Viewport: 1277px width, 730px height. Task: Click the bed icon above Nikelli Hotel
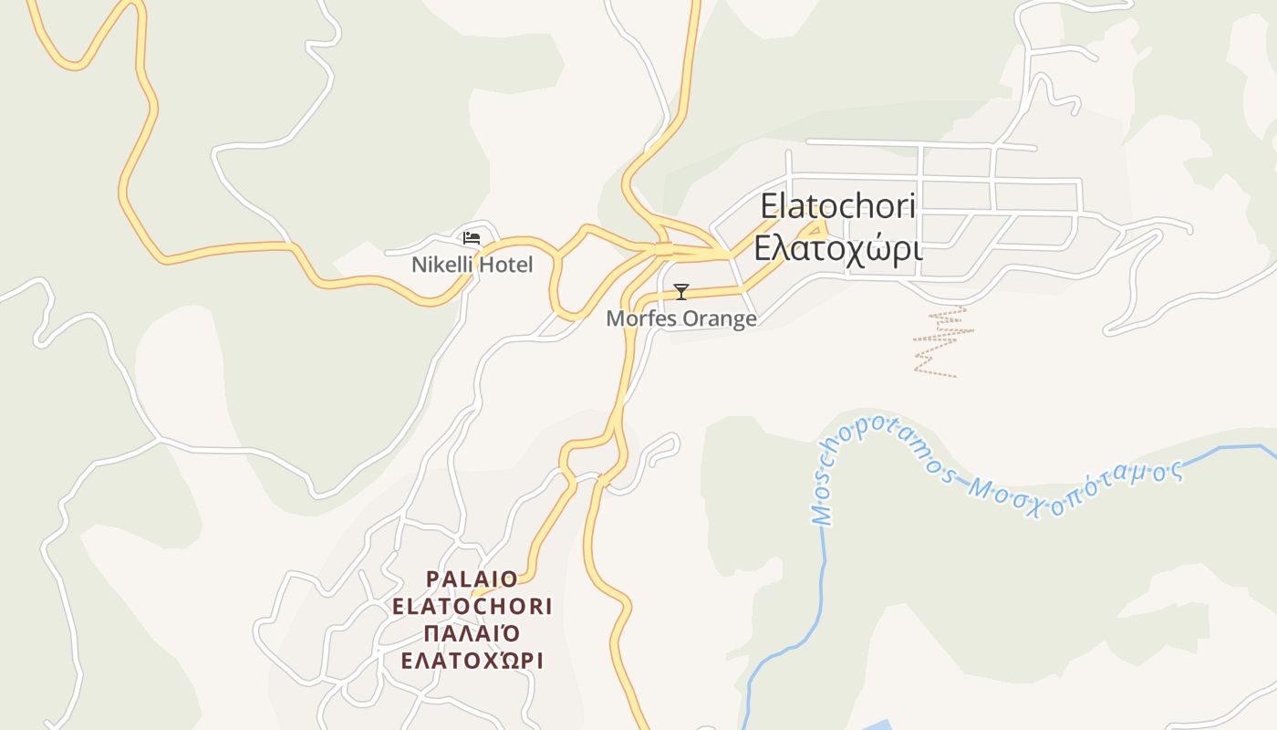472,238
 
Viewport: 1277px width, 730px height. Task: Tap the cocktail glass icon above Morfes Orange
680,292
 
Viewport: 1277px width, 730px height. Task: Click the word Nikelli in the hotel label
441,266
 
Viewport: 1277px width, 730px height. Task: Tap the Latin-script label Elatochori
837,206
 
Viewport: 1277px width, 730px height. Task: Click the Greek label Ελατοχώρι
837,248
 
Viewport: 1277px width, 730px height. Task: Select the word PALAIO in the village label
472,579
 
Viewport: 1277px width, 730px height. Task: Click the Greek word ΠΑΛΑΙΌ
472,633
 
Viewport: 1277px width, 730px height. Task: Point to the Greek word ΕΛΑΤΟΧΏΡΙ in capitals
472,661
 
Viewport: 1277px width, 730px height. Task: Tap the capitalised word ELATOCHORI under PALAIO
472,607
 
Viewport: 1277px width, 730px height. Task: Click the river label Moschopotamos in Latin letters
876,461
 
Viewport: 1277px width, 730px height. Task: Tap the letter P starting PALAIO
432,579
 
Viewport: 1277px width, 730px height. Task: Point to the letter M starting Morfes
615,318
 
